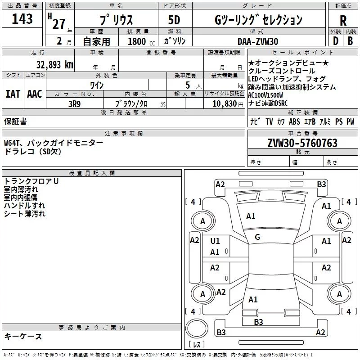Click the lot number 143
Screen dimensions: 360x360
[22, 19]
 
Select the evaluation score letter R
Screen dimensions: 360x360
[343, 21]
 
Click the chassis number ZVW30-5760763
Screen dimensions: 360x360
[302, 143]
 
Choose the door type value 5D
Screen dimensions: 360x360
[174, 20]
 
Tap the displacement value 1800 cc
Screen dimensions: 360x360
[140, 41]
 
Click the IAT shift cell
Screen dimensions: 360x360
[13, 94]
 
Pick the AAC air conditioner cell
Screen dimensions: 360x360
[35, 94]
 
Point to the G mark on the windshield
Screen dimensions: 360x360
[257, 237]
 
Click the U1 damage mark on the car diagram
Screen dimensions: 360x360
[215, 241]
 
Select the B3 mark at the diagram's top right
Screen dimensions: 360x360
[321, 184]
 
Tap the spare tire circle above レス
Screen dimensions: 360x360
[196, 328]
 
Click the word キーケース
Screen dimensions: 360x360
[23, 337]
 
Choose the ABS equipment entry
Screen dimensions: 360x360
[294, 121]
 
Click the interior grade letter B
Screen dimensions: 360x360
[350, 41]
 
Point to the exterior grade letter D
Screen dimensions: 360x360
[335, 41]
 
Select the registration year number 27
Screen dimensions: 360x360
[58, 23]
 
